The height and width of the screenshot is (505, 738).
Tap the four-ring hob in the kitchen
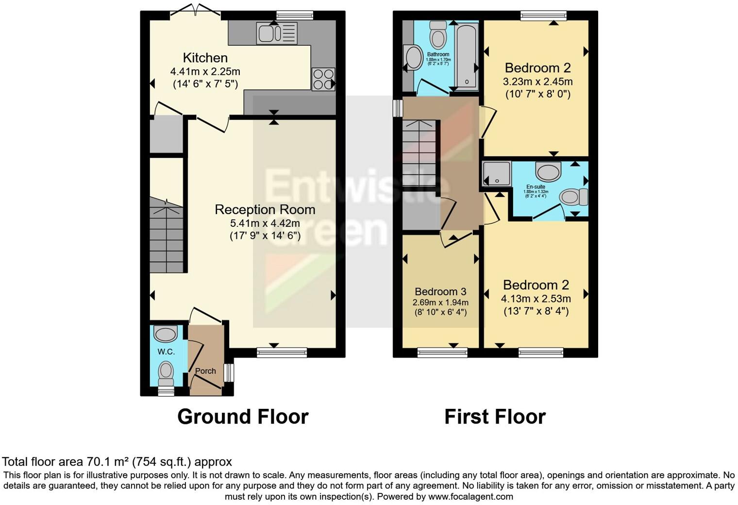tap(323, 79)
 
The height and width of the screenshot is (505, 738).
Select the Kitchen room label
tap(205, 58)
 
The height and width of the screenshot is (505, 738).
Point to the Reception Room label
tap(265, 210)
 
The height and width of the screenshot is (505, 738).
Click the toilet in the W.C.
tap(166, 371)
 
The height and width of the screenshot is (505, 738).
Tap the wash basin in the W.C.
tap(165, 334)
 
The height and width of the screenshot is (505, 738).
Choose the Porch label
tap(205, 371)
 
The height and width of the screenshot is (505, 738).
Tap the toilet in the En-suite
tap(573, 197)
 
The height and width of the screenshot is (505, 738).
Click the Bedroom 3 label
tap(440, 291)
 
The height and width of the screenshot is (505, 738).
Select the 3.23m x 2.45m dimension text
tap(537, 82)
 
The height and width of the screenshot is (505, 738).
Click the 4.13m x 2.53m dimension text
tap(536, 299)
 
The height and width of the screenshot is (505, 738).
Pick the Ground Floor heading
tap(243, 417)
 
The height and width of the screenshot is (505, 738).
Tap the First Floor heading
tap(495, 417)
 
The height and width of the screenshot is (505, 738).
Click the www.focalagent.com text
tap(470, 497)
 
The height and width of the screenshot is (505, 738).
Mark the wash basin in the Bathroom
tap(414, 57)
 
